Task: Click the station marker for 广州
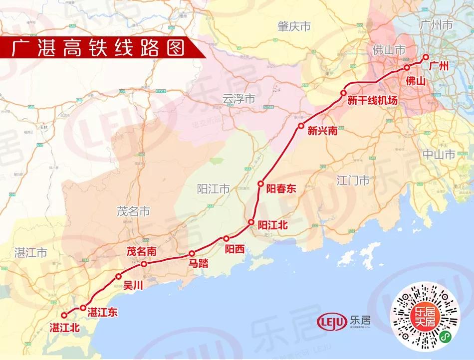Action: [426, 57]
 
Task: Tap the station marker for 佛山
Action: [407, 67]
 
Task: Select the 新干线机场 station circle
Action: [344, 93]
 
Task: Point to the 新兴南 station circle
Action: [301, 126]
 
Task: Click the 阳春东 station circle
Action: [260, 184]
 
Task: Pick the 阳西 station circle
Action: [226, 238]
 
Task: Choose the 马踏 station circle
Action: [192, 253]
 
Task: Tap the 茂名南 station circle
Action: [143, 264]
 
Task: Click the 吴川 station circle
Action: [118, 276]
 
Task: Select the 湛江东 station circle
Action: [83, 308]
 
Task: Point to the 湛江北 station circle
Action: [64, 315]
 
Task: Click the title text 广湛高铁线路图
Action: [98, 48]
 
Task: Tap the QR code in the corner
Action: [425, 316]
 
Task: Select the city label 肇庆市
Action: [294, 25]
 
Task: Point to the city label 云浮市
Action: [238, 99]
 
